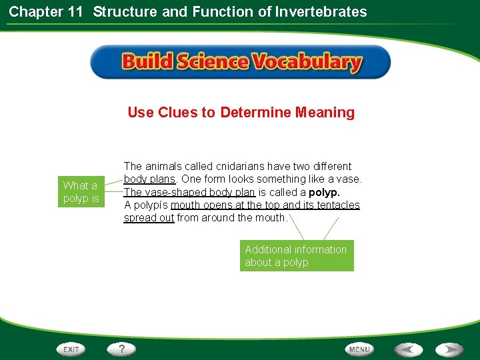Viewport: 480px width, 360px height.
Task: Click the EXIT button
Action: pos(71,349)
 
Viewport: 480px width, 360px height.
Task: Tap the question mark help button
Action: pos(122,349)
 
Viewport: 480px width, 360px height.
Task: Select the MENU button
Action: pos(359,349)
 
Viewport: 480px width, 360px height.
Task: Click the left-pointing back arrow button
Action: pos(408,349)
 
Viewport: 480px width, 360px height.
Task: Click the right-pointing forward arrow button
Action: pos(449,349)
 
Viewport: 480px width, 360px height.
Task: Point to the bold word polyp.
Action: pos(324,192)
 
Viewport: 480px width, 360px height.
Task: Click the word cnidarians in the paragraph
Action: pos(242,166)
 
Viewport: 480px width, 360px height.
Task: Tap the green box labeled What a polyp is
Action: pos(81,192)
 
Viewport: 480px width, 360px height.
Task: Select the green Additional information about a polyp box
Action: pos(296,256)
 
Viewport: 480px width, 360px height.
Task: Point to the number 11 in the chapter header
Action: pos(76,11)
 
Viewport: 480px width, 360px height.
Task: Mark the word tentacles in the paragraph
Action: pos(336,205)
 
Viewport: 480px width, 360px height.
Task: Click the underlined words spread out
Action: pos(149,218)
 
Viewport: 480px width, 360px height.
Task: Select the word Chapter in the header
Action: pos(34,11)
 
